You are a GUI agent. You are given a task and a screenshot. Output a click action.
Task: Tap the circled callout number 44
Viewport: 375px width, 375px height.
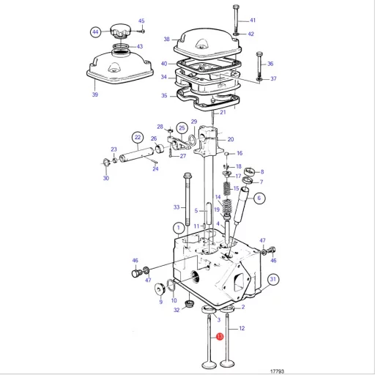94,31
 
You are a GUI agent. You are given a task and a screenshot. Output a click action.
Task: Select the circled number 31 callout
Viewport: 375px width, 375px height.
272,279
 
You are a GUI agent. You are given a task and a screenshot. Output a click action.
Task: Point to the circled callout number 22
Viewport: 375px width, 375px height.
137,137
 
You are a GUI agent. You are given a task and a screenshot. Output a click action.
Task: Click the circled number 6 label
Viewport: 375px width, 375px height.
260,198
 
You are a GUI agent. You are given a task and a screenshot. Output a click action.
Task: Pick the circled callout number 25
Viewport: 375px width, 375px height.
181,127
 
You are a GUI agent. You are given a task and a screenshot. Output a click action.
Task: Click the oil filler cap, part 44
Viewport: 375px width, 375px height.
119,31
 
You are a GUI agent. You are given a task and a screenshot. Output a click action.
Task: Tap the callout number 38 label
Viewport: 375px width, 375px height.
166,39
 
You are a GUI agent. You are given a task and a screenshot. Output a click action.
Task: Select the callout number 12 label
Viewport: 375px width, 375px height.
242,329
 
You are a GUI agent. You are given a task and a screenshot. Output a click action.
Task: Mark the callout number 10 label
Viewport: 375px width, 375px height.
174,300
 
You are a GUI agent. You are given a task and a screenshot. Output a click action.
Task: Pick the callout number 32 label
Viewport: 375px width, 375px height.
177,310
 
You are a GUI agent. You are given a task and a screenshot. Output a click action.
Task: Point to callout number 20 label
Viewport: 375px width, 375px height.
230,139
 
